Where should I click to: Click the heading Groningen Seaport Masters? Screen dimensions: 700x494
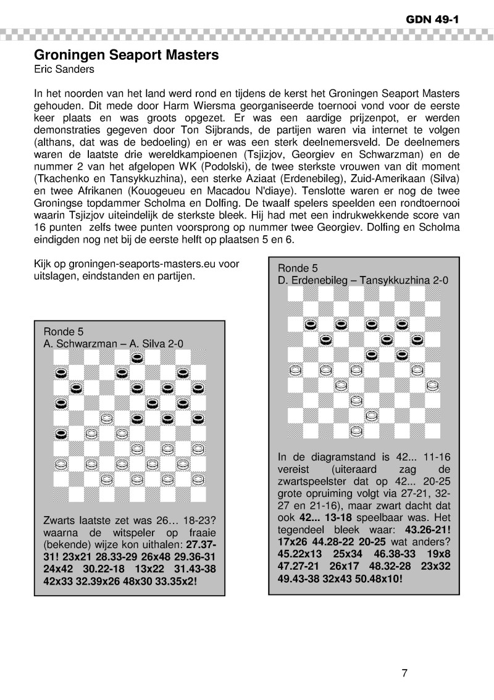127,55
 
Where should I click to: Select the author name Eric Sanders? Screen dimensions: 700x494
64,69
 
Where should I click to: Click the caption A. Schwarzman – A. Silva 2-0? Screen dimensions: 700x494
113,343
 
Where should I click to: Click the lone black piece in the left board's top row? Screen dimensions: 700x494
136,358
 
